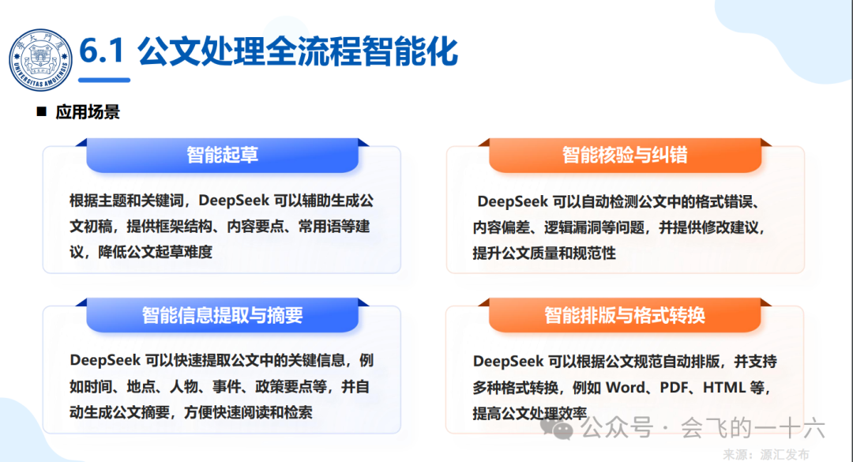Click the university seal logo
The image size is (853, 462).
40,60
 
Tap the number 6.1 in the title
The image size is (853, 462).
102,52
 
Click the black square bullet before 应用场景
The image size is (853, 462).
41,111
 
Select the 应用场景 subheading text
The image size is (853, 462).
87,112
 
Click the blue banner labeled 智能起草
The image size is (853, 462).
222,155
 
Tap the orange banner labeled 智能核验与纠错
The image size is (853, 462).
625,155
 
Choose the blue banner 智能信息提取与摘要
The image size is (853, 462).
222,315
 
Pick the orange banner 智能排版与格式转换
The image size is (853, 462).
625,315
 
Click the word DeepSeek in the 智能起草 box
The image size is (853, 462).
234,201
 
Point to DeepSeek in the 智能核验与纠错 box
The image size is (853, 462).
513,202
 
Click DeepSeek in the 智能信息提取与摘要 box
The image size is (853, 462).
106,360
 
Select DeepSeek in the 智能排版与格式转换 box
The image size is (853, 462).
508,362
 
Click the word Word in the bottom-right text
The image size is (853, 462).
626,388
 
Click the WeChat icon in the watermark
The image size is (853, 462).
557,429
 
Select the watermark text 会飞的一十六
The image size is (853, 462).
753,428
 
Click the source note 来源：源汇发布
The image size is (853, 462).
766,454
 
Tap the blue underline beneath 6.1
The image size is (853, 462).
104,80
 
